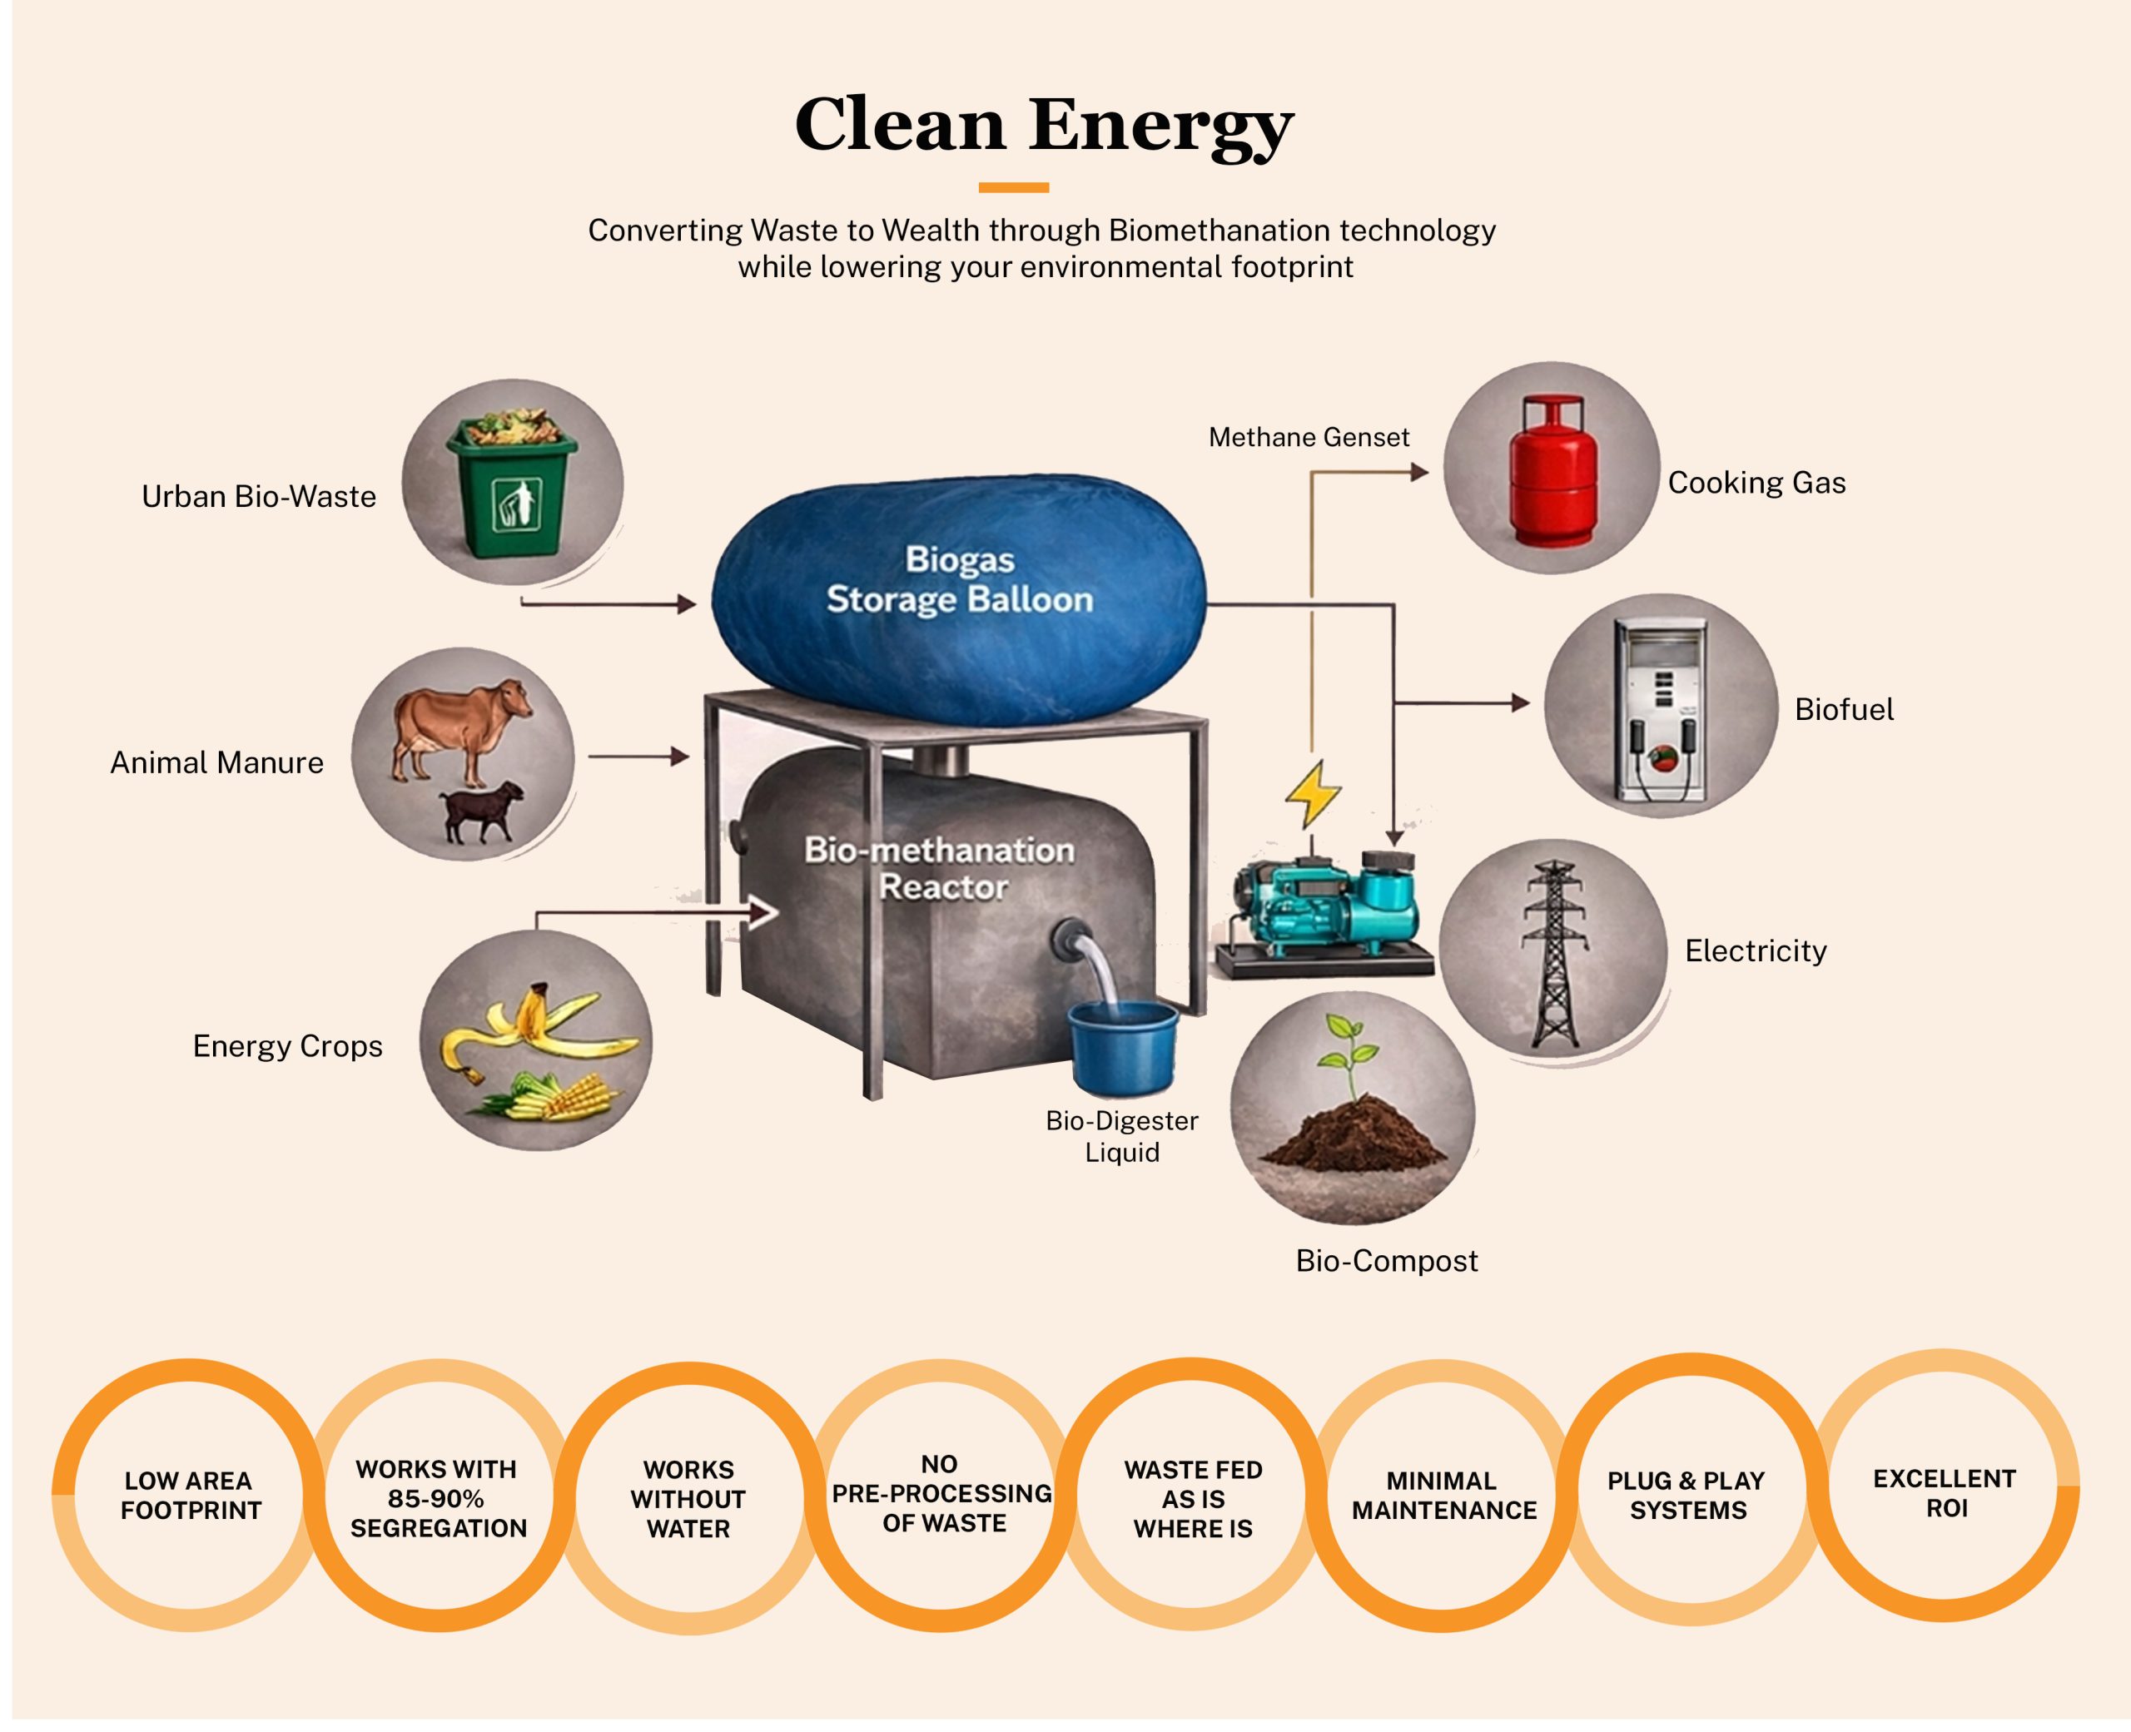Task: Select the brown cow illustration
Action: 461,728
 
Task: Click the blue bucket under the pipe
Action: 1124,1048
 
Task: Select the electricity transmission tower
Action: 1554,954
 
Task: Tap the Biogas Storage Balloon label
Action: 960,578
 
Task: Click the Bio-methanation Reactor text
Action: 940,868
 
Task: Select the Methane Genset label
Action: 1309,437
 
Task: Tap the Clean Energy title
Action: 1044,125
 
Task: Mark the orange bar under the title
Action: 1014,187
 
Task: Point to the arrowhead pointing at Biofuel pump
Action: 1521,703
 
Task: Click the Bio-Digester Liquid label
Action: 1122,1136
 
